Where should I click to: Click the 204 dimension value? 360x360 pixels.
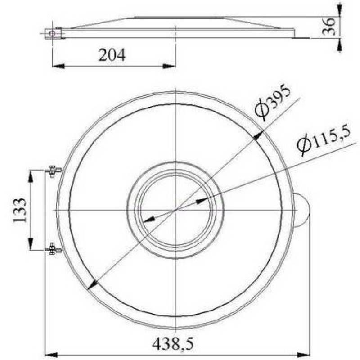112,55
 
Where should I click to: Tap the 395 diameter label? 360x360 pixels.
272,103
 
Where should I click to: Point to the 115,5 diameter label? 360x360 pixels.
324,143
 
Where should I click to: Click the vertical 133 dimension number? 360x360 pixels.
19,210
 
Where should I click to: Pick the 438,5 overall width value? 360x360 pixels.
173,344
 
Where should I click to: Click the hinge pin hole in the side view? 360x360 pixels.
53,33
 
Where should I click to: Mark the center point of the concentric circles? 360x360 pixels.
175,210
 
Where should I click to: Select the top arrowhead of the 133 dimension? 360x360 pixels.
31,176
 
